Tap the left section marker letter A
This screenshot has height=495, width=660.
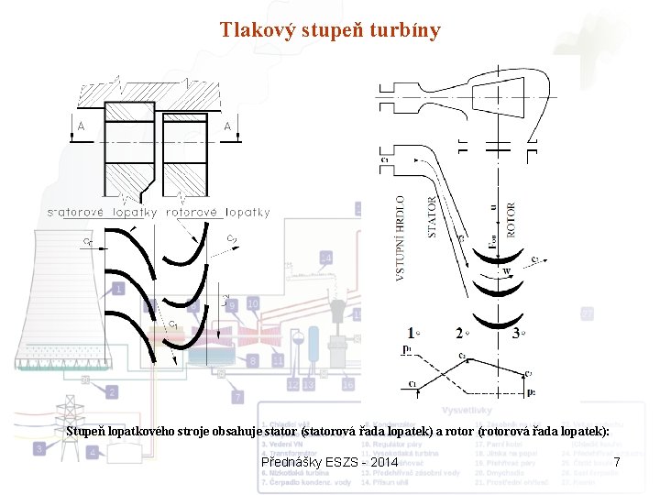coord(82,126)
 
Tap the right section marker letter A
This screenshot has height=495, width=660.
coord(227,126)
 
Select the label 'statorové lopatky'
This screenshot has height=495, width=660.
coord(102,212)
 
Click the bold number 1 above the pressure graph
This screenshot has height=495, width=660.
coord(412,334)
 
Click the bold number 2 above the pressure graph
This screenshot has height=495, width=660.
coord(459,334)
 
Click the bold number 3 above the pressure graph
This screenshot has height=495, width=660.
coord(517,334)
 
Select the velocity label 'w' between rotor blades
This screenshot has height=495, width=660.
coord(505,271)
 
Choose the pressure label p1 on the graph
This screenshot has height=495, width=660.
coord(406,348)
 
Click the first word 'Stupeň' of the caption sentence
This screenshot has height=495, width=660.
coord(88,431)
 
